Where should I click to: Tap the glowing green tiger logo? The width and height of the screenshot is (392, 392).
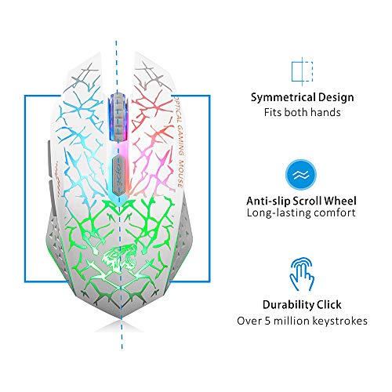point(119,257)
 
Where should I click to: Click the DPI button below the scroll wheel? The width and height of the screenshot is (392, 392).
point(118,175)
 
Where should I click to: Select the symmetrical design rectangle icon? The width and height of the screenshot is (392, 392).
point(302,71)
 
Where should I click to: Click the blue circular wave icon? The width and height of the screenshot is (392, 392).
point(301,175)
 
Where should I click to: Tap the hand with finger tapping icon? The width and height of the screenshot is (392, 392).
point(302,274)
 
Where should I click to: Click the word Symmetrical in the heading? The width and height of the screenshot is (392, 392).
point(280,97)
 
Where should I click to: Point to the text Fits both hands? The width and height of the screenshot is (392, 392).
point(302,112)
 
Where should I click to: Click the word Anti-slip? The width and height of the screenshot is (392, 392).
point(268,201)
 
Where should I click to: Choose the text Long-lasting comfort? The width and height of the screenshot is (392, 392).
point(301,212)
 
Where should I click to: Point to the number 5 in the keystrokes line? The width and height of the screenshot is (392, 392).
point(267,321)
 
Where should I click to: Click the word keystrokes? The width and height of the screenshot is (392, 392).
point(339,321)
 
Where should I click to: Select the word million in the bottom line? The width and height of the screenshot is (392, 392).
point(291,321)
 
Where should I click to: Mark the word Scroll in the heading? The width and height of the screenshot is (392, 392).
point(307,201)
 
